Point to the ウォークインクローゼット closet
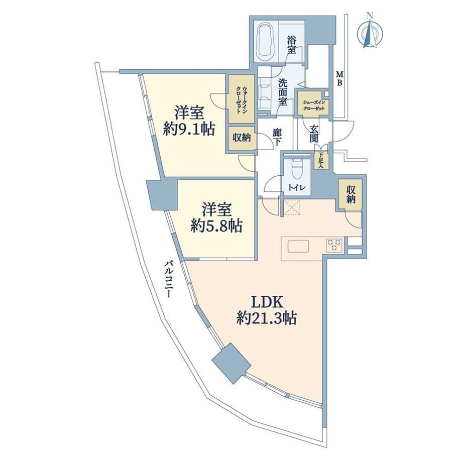click(x=242, y=99)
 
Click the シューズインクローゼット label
click(x=314, y=105)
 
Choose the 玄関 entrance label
click(x=313, y=134)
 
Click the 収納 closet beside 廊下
click(x=242, y=138)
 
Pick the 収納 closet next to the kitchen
click(x=350, y=195)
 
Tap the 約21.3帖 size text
click(x=267, y=319)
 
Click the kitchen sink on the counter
click(x=298, y=247)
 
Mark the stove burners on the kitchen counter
click(x=334, y=245)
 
